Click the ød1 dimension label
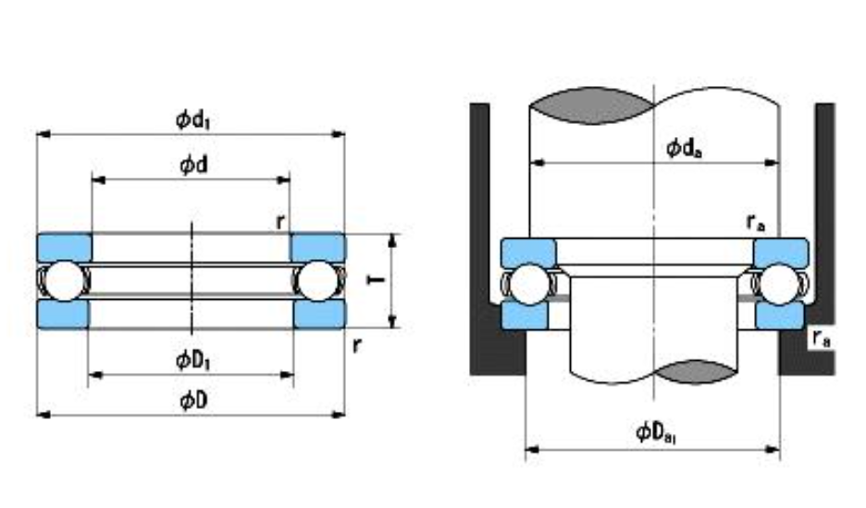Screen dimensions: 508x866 click(195, 119)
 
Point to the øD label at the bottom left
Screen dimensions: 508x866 click(192, 401)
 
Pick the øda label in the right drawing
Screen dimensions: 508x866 click(685, 148)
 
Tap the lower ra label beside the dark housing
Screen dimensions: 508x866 click(820, 339)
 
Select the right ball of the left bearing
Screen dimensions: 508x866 click(318, 280)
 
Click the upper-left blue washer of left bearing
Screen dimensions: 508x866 click(64, 246)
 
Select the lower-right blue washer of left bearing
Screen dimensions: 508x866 click(318, 314)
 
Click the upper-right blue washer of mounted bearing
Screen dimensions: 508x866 click(781, 252)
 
